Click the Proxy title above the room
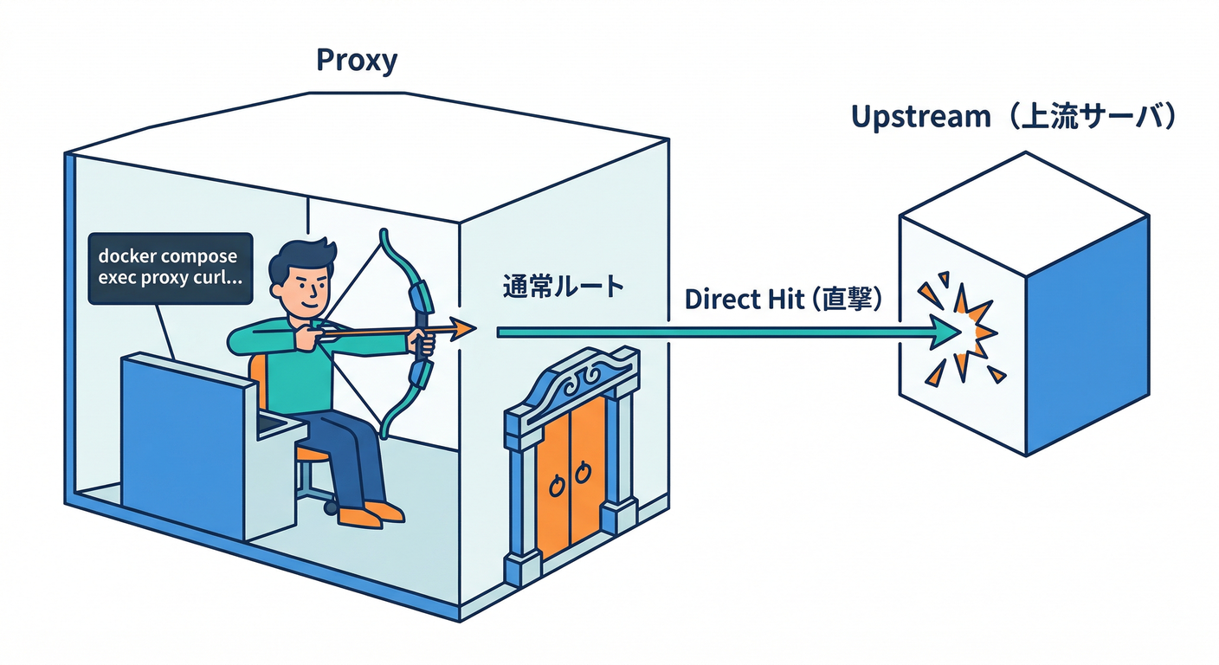click(356, 60)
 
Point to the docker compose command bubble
click(170, 268)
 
